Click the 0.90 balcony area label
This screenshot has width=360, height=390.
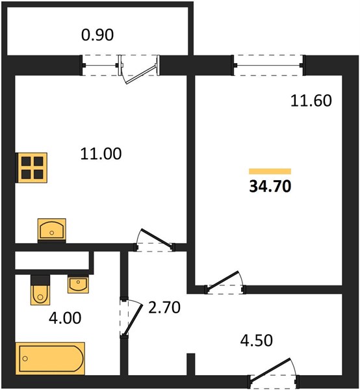pyautogui.click(x=97, y=35)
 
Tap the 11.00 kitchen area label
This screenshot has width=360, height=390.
pyautogui.click(x=101, y=153)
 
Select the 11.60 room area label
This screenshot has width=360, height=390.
pyautogui.click(x=311, y=101)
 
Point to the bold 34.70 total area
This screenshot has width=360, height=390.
pyautogui.click(x=270, y=187)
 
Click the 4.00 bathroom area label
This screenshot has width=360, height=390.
pyautogui.click(x=65, y=318)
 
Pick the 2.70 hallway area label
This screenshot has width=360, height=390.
pyautogui.click(x=164, y=307)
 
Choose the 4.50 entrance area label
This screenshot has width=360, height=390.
pyautogui.click(x=256, y=341)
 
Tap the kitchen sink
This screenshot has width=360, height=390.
pyautogui.click(x=52, y=229)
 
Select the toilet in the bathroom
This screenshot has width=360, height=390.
pyautogui.click(x=40, y=290)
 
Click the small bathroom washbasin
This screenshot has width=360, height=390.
pyautogui.click(x=79, y=284)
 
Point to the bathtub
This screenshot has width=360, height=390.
pyautogui.click(x=50, y=358)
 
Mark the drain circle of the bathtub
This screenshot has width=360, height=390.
pyautogui.click(x=25, y=358)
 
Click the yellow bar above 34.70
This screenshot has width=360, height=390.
pyautogui.click(x=270, y=172)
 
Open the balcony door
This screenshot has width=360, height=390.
pyautogui.click(x=139, y=70)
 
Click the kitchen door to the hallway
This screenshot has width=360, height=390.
pyautogui.click(x=155, y=240)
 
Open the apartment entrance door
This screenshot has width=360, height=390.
pyautogui.click(x=274, y=372)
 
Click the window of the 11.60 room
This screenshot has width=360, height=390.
pyautogui.click(x=268, y=66)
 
